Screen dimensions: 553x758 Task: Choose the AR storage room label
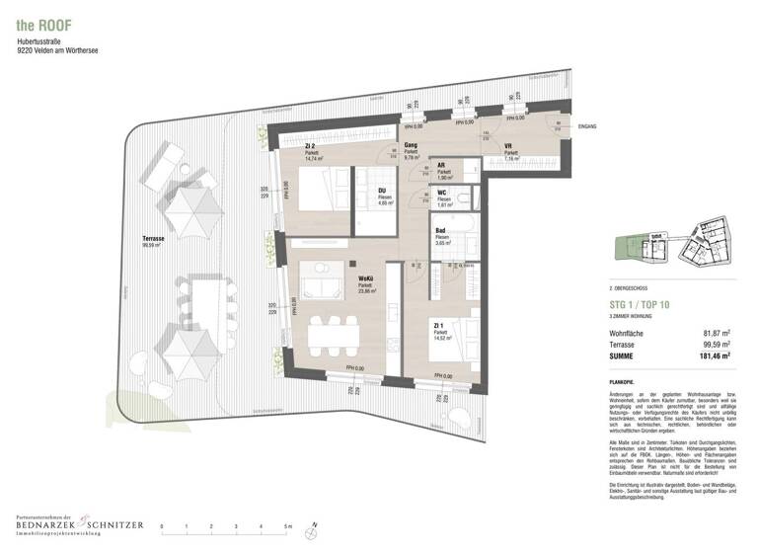click(x=442, y=166)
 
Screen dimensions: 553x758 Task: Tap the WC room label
click(x=443, y=193)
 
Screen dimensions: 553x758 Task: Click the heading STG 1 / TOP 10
click(x=638, y=305)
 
